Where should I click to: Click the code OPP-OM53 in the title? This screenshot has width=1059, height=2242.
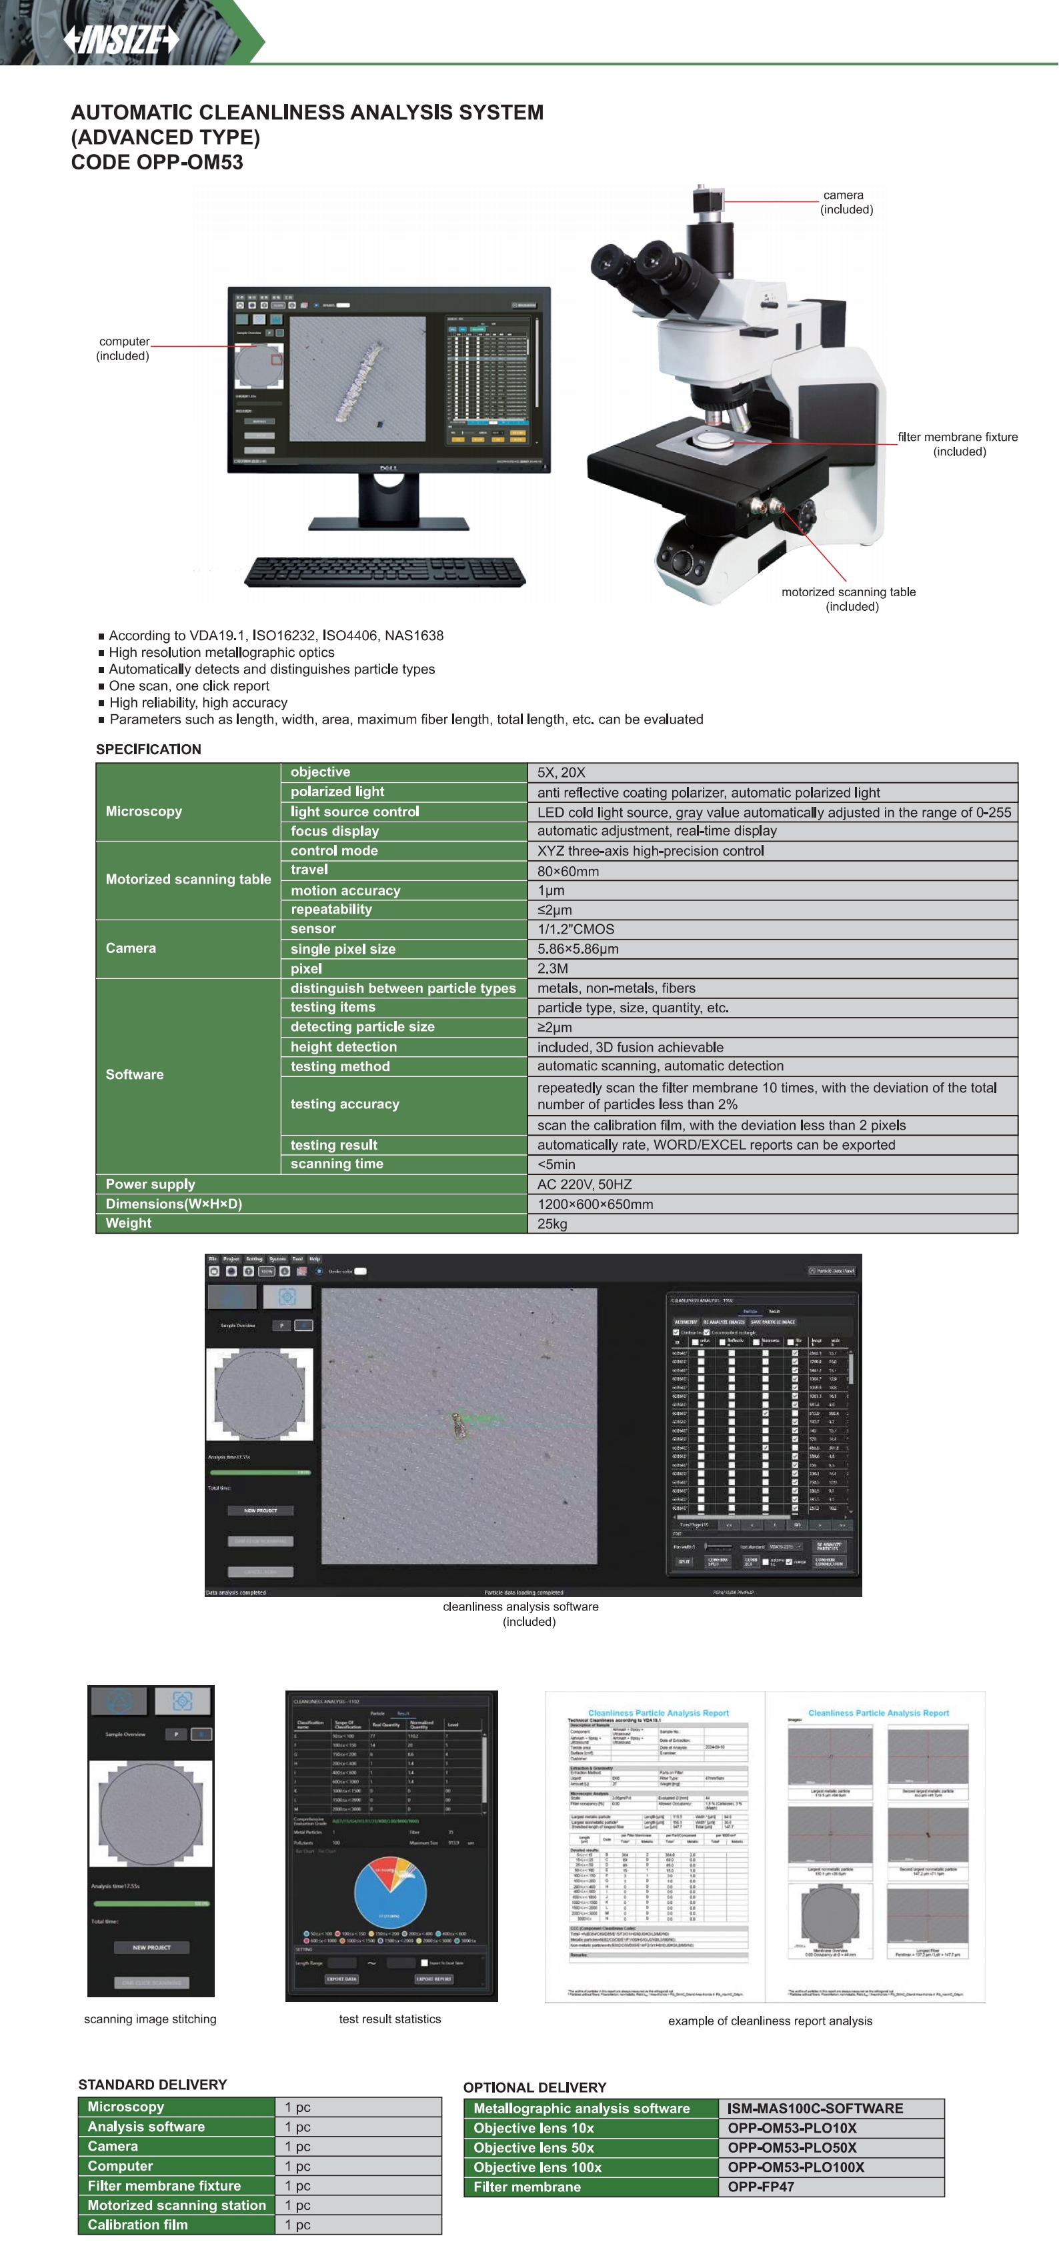coord(157,163)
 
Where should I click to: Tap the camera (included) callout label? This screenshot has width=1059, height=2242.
coord(846,202)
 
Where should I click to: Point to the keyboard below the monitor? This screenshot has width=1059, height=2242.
coord(385,572)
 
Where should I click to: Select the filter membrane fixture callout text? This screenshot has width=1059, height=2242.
coord(958,444)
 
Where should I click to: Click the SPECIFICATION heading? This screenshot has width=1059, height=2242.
coord(148,750)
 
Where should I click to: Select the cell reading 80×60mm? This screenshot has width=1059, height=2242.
coord(568,871)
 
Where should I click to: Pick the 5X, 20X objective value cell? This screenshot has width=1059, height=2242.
coord(562,773)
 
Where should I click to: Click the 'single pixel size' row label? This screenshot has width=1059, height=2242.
coord(343,949)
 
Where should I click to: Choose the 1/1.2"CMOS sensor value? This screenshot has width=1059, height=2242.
coord(576,930)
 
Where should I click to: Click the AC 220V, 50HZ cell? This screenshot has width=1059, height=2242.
coord(584,1184)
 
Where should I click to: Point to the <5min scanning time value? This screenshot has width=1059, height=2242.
coord(556,1164)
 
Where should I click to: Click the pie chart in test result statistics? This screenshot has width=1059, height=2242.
coord(390,1892)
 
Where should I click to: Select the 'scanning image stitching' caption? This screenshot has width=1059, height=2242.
coord(149,2019)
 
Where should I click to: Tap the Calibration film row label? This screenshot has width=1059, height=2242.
coord(137,2225)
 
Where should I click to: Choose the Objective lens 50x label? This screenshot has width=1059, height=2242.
coord(534,2148)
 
